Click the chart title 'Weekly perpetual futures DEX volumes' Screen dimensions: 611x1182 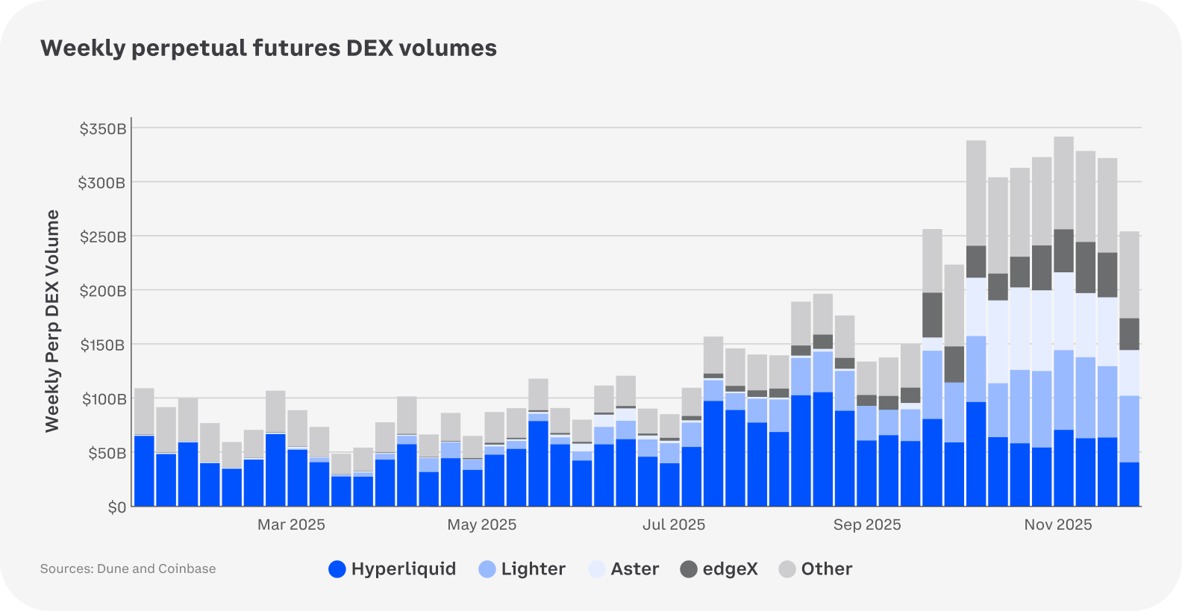[269, 48]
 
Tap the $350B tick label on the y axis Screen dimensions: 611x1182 [103, 129]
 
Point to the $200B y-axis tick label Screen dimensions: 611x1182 [103, 291]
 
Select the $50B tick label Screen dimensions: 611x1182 [107, 454]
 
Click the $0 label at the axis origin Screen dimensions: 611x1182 [117, 508]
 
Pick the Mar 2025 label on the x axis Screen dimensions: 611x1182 [291, 524]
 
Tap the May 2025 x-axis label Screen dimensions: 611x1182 [481, 524]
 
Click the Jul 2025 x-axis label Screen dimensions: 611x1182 [673, 524]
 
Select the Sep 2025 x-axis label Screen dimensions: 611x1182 [866, 524]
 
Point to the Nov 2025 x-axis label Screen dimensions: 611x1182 [1057, 524]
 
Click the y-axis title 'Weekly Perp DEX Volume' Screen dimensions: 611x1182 [51, 321]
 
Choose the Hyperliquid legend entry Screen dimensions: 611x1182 [393, 569]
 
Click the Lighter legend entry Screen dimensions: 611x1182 [522, 569]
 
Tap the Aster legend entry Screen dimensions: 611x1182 [624, 569]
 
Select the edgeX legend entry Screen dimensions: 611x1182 [719, 569]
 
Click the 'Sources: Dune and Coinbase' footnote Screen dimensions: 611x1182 [128, 568]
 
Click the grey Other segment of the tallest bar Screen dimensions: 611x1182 [1063, 183]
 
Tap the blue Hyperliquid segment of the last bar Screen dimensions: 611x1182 [1129, 484]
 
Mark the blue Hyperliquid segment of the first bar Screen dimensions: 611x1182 [144, 471]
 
